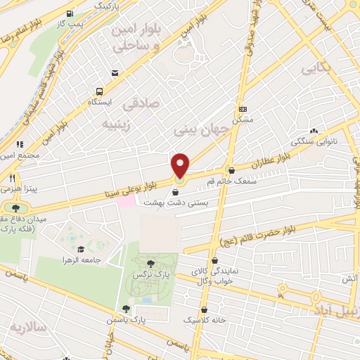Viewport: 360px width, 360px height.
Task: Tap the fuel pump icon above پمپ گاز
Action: [x=69, y=14]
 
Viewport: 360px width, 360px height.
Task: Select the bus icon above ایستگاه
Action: [x=99, y=91]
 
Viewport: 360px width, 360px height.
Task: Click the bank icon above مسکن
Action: [x=244, y=109]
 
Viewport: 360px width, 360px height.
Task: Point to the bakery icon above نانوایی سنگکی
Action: [x=313, y=131]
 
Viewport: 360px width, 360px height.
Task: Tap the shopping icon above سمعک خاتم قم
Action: [x=231, y=169]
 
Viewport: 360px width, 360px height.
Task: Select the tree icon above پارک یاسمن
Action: [x=126, y=308]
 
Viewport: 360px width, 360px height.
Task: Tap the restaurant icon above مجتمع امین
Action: [x=22, y=143]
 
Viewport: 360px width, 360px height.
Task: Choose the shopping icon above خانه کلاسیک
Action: [x=204, y=309]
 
